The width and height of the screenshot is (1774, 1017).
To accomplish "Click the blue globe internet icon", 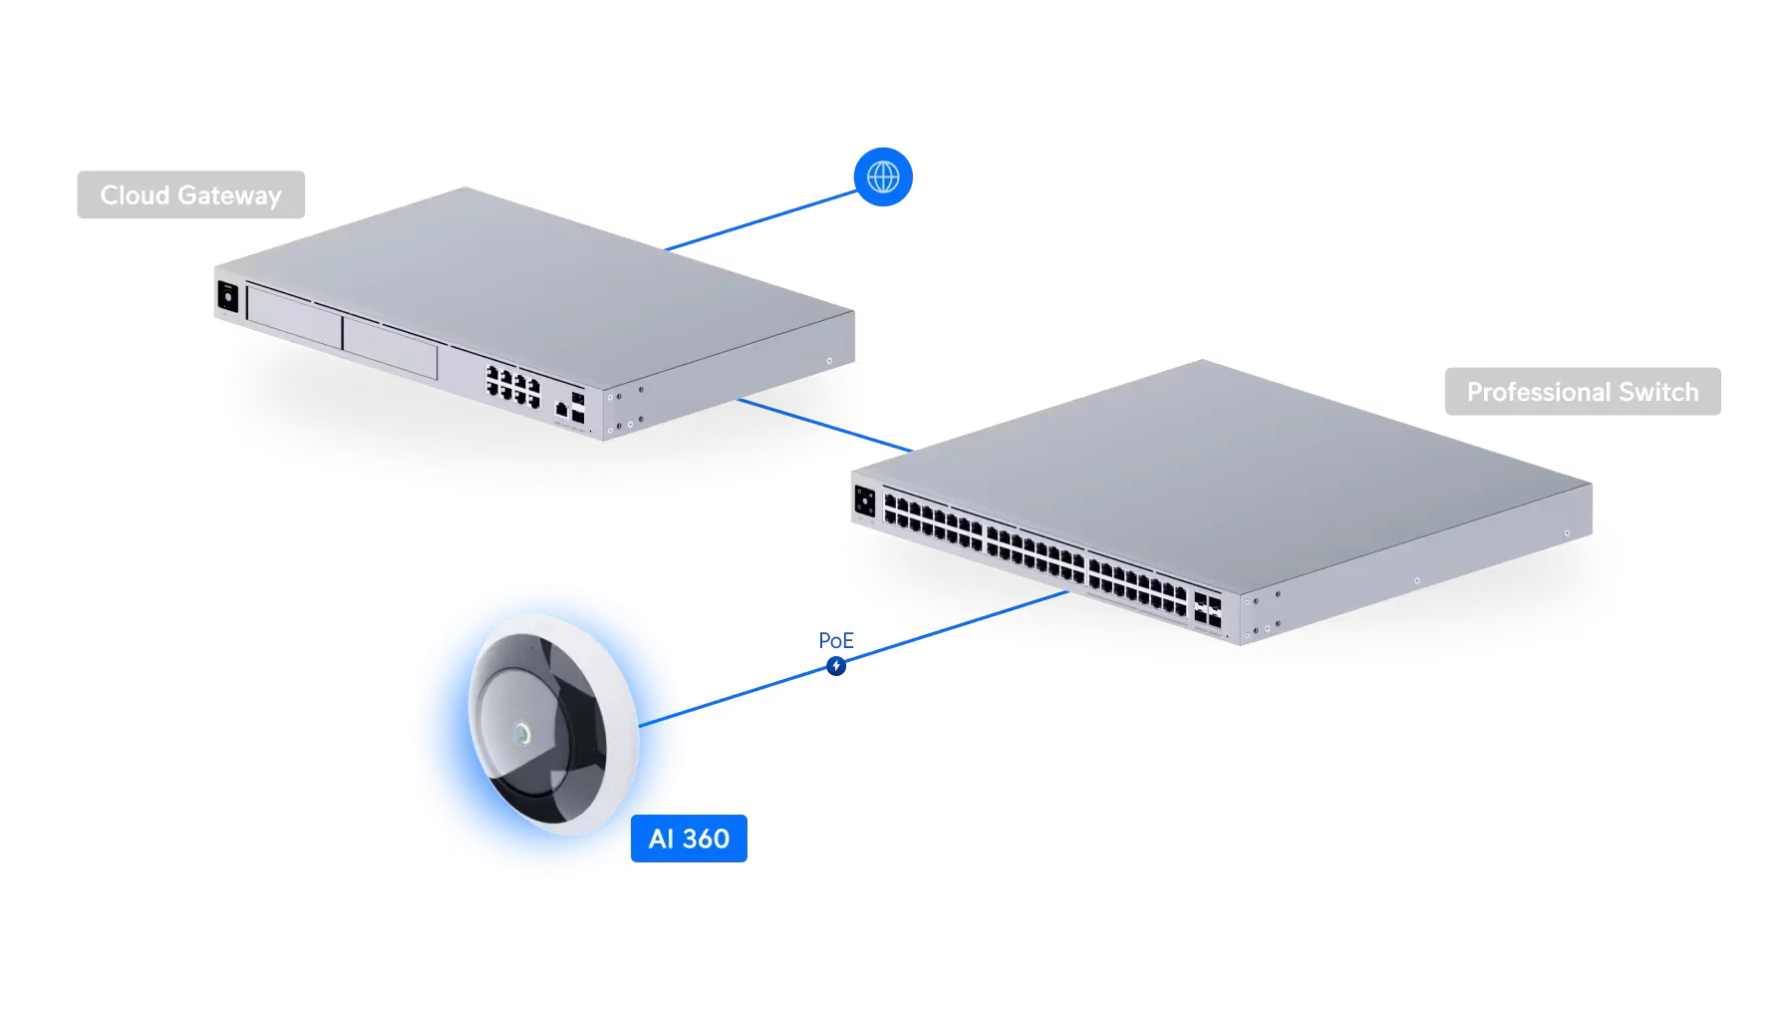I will pos(883,177).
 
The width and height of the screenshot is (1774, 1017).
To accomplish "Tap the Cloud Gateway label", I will pos(189,195).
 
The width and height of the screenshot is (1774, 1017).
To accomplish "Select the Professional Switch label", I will pos(1582,392).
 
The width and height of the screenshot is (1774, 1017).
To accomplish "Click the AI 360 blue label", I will pos(689,839).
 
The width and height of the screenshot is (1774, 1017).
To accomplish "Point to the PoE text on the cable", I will pos(834,640).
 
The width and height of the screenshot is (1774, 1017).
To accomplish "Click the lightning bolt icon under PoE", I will pos(836,665).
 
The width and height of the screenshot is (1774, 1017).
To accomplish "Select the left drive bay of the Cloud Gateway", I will pos(293,316).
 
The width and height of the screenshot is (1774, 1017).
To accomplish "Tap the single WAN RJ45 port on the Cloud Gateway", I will pos(562,408).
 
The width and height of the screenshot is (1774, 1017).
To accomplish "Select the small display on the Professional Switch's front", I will pos(864,502).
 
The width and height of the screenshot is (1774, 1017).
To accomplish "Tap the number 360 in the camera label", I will pos(707,839).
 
